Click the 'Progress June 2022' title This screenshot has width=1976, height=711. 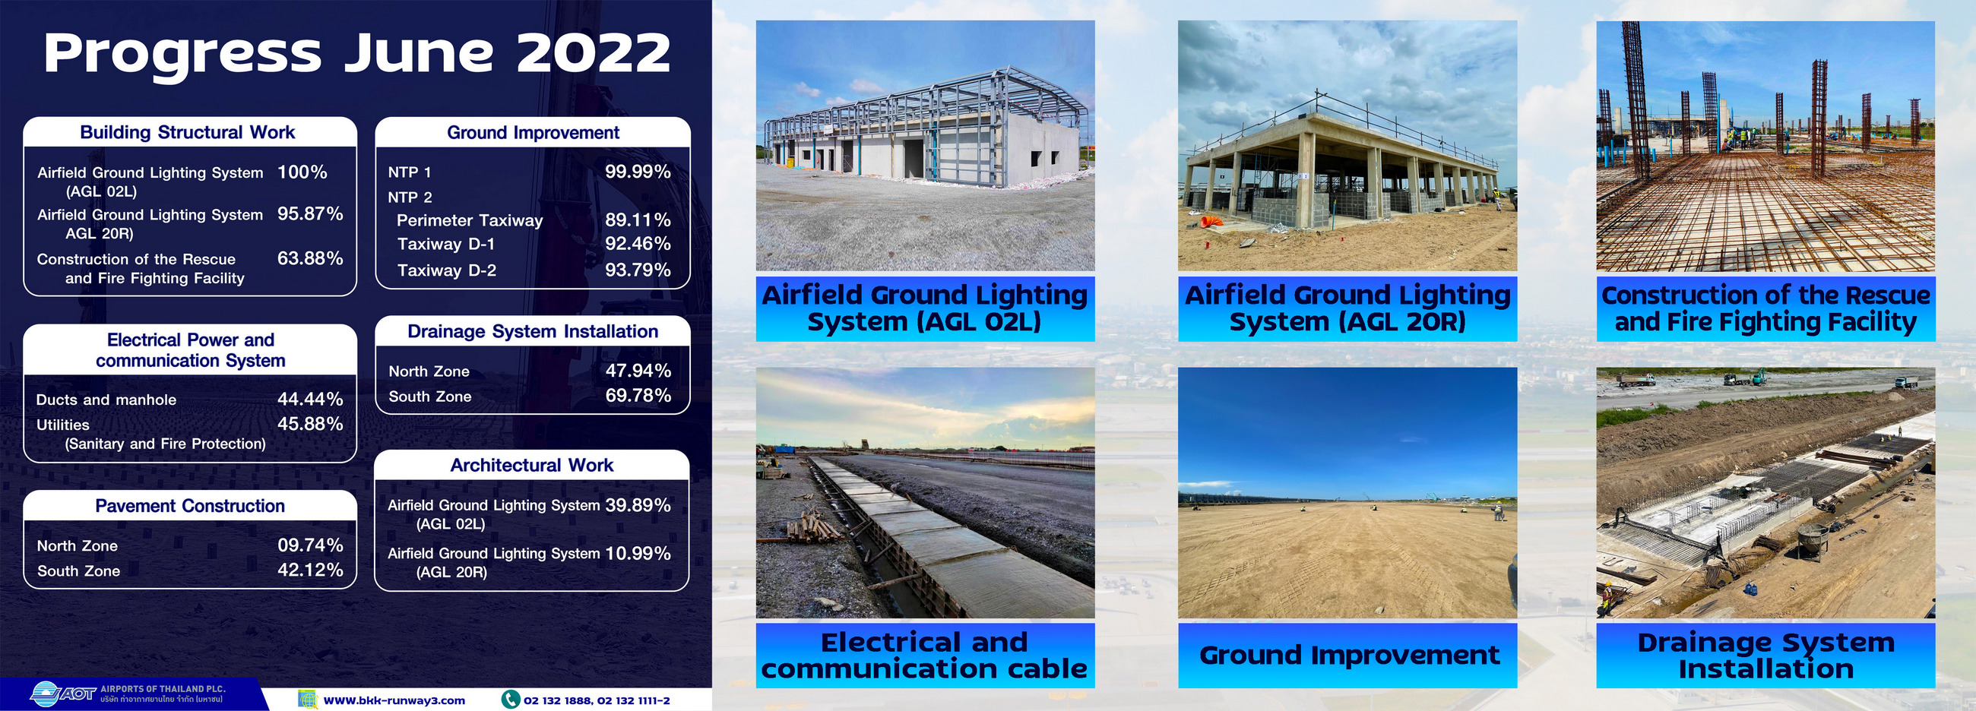click(356, 54)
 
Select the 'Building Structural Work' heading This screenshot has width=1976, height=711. click(187, 133)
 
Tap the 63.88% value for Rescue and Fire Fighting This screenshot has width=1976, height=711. click(310, 258)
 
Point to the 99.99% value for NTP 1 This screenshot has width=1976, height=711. click(638, 172)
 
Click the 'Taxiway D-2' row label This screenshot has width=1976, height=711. click(446, 270)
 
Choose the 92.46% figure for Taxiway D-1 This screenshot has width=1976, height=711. click(638, 244)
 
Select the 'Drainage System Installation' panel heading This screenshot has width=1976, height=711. click(532, 331)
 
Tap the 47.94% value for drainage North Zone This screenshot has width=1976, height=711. click(638, 371)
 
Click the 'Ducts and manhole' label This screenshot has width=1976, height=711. click(106, 400)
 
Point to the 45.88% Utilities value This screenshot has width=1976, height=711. click(310, 424)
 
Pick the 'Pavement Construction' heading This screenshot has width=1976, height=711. click(189, 506)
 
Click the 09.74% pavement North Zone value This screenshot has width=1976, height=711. click(310, 545)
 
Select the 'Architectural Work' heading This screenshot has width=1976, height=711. click(531, 466)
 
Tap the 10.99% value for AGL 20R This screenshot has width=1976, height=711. click(638, 554)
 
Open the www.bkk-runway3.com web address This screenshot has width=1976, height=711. click(394, 700)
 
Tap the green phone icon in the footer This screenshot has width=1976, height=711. click(510, 700)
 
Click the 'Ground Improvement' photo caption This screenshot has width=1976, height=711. click(1348, 656)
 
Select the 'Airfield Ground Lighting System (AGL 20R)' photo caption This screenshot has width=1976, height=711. click(1347, 308)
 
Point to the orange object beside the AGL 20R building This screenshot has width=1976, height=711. click(1211, 221)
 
